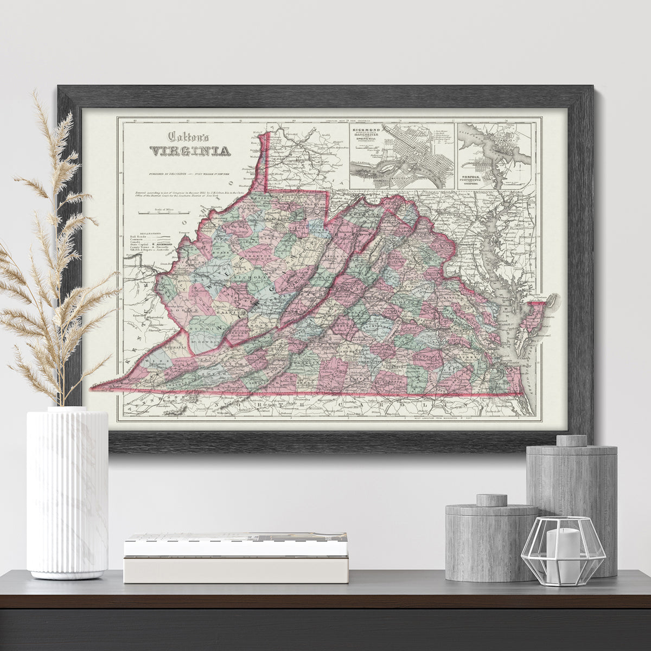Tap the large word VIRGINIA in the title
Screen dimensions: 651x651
coord(189,151)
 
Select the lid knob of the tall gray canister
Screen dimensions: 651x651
coord(571,440)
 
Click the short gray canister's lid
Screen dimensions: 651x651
coord(491,508)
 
